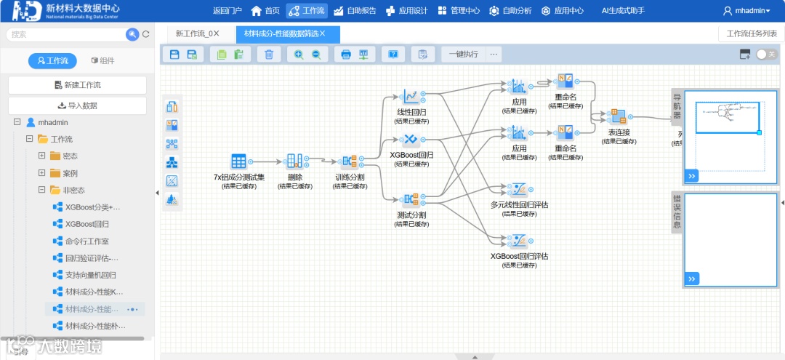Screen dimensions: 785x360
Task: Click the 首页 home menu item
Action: click(x=265, y=11)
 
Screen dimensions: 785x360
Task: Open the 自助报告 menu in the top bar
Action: click(x=355, y=11)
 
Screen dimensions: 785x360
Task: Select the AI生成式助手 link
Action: click(x=623, y=11)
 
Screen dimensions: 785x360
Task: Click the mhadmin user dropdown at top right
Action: click(x=747, y=11)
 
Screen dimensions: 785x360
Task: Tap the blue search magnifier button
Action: click(x=132, y=34)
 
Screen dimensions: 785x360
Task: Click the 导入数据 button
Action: click(x=77, y=105)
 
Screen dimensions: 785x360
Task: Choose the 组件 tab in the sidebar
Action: click(x=102, y=61)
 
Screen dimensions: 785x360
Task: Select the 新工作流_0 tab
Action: click(x=197, y=33)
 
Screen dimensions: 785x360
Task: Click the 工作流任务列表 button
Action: click(x=752, y=33)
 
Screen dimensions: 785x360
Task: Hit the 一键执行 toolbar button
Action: click(x=463, y=54)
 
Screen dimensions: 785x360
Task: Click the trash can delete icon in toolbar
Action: click(x=269, y=54)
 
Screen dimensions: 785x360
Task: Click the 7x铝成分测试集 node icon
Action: click(x=238, y=162)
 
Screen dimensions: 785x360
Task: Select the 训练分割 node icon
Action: click(x=350, y=162)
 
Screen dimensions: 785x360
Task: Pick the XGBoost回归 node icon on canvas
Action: click(x=411, y=140)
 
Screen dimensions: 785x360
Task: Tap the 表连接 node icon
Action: click(x=618, y=117)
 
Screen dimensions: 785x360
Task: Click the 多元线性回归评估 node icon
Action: click(x=518, y=190)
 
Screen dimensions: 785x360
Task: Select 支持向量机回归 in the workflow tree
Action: click(x=90, y=275)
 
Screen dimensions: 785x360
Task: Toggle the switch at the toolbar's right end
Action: click(x=766, y=54)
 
